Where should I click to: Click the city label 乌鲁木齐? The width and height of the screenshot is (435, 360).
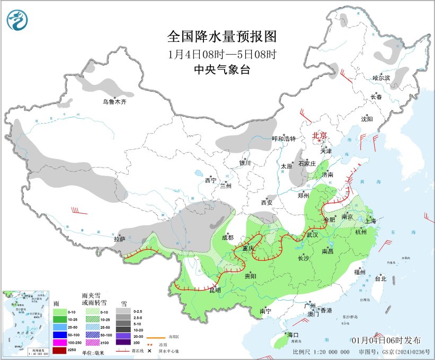pyautogui.click(x=114, y=102)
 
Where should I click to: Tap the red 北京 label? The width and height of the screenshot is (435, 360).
pyautogui.click(x=320, y=135)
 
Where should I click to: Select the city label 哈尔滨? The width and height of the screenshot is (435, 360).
pyautogui.click(x=380, y=78)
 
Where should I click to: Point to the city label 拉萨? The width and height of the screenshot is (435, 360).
pyautogui.click(x=120, y=239)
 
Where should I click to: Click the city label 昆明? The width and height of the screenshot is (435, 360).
pyautogui.click(x=215, y=290)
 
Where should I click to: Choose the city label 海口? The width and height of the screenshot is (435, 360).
pyautogui.click(x=293, y=335)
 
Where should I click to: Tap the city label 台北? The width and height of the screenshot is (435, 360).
pyautogui.click(x=380, y=278)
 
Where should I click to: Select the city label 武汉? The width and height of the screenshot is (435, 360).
pyautogui.click(x=312, y=234)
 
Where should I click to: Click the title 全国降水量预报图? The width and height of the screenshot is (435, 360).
pyautogui.click(x=221, y=37)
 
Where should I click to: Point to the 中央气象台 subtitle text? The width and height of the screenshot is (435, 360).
pyautogui.click(x=221, y=70)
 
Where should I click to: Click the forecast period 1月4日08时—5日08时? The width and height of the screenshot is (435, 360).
pyautogui.click(x=221, y=54)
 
